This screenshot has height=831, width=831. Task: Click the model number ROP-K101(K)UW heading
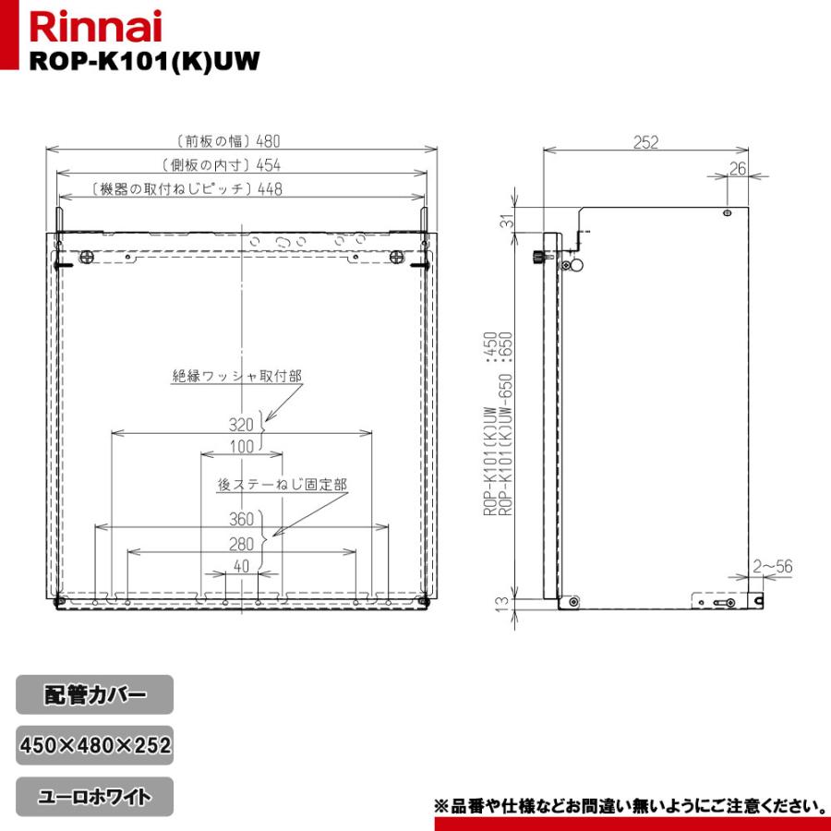[x=141, y=60]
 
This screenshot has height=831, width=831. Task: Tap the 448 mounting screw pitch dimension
[x=270, y=189]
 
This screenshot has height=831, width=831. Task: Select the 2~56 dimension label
[x=773, y=566]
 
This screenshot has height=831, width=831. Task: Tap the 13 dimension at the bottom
[x=501, y=604]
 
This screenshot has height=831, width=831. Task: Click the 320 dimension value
[x=241, y=426]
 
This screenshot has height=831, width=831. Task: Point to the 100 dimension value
[x=241, y=447]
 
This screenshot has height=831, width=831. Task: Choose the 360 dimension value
[x=241, y=519]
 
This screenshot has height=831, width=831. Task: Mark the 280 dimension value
[x=241, y=544]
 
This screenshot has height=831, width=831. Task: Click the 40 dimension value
[x=241, y=567]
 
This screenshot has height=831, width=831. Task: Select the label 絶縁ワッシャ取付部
[x=237, y=376]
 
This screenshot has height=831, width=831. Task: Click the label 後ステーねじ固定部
[x=283, y=484]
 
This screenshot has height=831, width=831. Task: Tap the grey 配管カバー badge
[x=94, y=694]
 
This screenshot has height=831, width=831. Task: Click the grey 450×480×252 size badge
[x=94, y=744]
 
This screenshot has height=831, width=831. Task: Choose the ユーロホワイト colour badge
[x=94, y=795]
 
